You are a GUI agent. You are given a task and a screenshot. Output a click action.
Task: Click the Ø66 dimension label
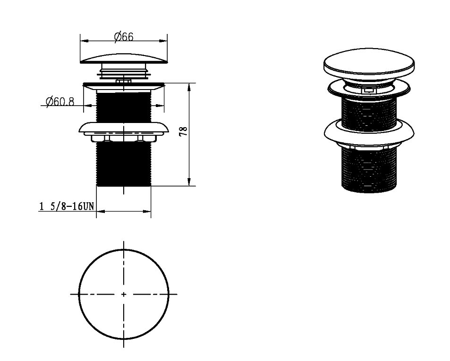pos(124,37)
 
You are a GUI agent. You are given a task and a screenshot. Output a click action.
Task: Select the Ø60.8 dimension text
pos(60,101)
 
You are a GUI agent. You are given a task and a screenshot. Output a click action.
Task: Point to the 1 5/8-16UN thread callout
pos(67,206)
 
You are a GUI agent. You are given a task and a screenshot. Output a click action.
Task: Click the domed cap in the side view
pos(124,58)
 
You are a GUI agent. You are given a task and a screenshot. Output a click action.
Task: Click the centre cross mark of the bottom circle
pos(124,294)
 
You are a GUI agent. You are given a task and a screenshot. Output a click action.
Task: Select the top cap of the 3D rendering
pos(369,63)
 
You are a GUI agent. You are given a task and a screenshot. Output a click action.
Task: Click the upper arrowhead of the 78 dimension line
pos(189,87)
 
